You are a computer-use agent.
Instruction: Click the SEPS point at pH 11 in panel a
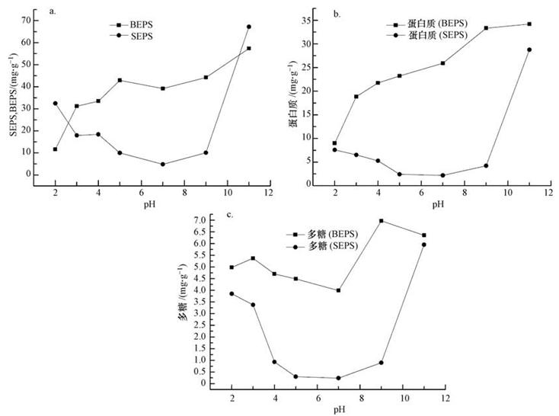(x=248, y=27)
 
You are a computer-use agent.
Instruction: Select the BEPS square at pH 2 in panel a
(x=55, y=149)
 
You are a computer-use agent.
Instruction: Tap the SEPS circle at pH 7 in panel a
(x=163, y=164)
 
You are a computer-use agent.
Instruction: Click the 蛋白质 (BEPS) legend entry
(x=437, y=24)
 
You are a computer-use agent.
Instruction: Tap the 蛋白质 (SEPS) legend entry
(x=437, y=36)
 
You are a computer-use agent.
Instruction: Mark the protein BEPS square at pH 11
(x=529, y=24)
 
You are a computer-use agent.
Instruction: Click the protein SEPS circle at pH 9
(x=486, y=165)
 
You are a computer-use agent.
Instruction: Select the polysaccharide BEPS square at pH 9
(x=381, y=221)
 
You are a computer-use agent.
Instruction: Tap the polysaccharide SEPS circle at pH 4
(x=274, y=362)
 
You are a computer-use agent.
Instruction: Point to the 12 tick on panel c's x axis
(x=445, y=398)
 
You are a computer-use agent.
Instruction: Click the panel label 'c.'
(x=229, y=214)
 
